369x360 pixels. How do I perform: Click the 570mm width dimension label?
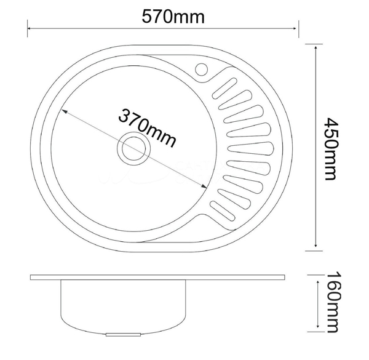173,17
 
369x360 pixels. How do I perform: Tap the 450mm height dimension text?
331,149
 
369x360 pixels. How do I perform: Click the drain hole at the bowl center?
133,148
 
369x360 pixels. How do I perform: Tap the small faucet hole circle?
201,70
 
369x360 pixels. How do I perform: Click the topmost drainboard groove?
224,88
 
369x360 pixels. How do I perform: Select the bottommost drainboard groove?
223,210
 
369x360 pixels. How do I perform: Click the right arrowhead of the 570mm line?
295,28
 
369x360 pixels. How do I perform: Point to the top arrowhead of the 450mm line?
315,48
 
